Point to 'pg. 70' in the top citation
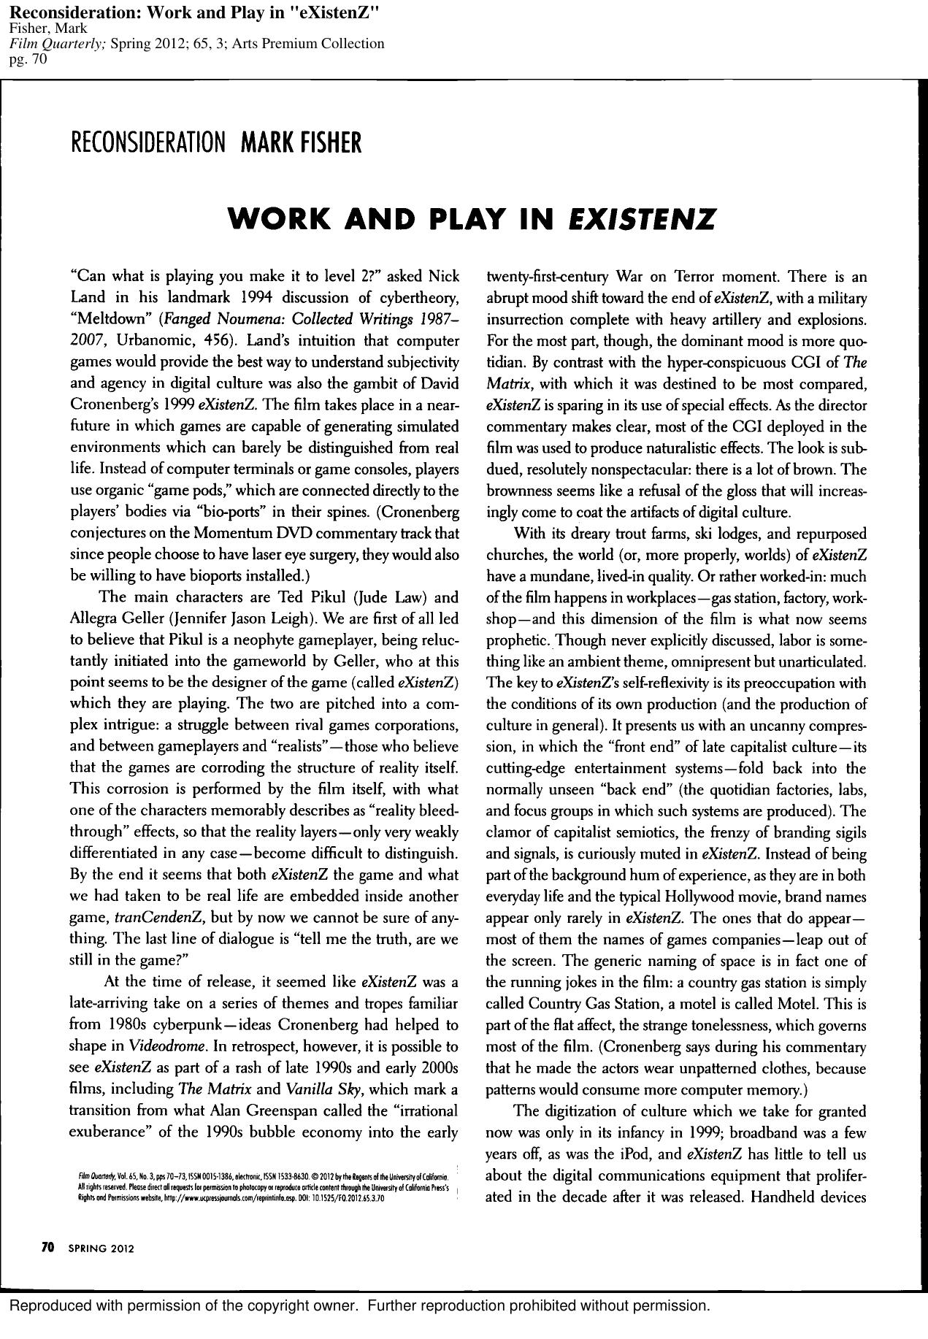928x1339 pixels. [x=27, y=60]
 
